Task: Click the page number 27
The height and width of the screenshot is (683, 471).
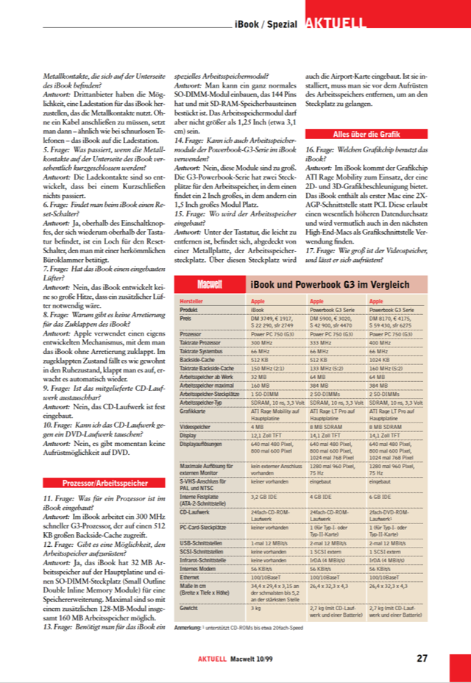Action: (422, 659)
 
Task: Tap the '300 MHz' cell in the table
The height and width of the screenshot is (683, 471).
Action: (262, 342)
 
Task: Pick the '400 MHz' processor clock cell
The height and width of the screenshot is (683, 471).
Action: (380, 342)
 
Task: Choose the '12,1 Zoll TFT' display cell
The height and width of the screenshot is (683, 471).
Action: (268, 434)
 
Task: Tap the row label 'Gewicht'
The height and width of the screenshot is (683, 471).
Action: (189, 608)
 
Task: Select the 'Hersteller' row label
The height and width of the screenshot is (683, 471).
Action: (193, 302)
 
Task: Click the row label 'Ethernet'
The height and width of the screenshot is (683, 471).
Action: (191, 577)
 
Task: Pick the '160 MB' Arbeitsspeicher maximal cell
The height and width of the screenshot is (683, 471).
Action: (261, 385)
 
